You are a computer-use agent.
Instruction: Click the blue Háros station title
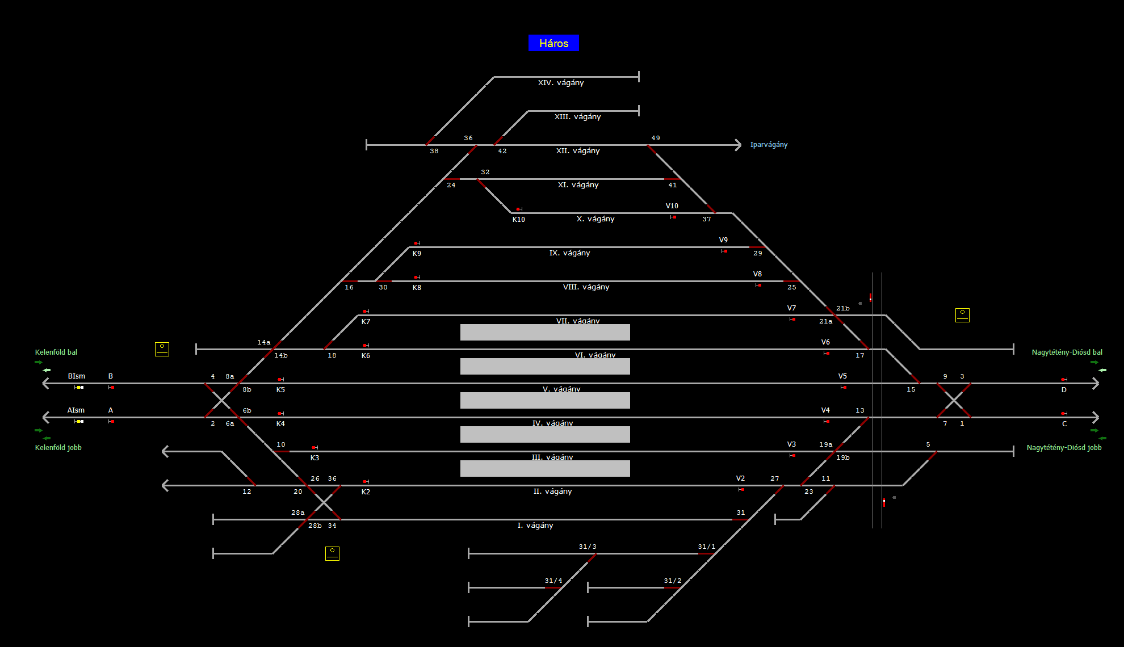coord(553,43)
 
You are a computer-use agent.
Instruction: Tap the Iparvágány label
coord(769,145)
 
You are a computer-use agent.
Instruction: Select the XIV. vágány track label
coord(561,83)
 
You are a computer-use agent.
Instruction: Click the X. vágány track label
coord(595,219)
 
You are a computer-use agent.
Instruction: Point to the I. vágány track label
coord(535,526)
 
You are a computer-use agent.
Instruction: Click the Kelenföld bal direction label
coord(56,352)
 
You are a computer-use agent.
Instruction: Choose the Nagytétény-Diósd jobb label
coord(1064,448)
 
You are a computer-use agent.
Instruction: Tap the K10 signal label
coord(519,220)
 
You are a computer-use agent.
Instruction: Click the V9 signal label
coord(723,240)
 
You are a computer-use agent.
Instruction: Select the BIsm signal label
coord(77,376)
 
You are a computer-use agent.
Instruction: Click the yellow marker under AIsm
coord(79,421)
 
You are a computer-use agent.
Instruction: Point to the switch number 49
coord(656,138)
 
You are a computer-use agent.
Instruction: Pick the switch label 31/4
coord(553,581)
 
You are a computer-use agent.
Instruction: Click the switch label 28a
coord(298,512)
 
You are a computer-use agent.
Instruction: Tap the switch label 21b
coord(843,308)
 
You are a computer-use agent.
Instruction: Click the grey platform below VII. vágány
coord(545,332)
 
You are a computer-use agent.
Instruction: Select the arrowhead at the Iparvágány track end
coord(738,145)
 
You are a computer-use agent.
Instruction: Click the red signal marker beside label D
coord(1063,379)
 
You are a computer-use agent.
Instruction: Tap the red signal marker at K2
coord(366,482)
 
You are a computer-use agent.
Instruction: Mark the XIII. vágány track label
coord(577,117)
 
